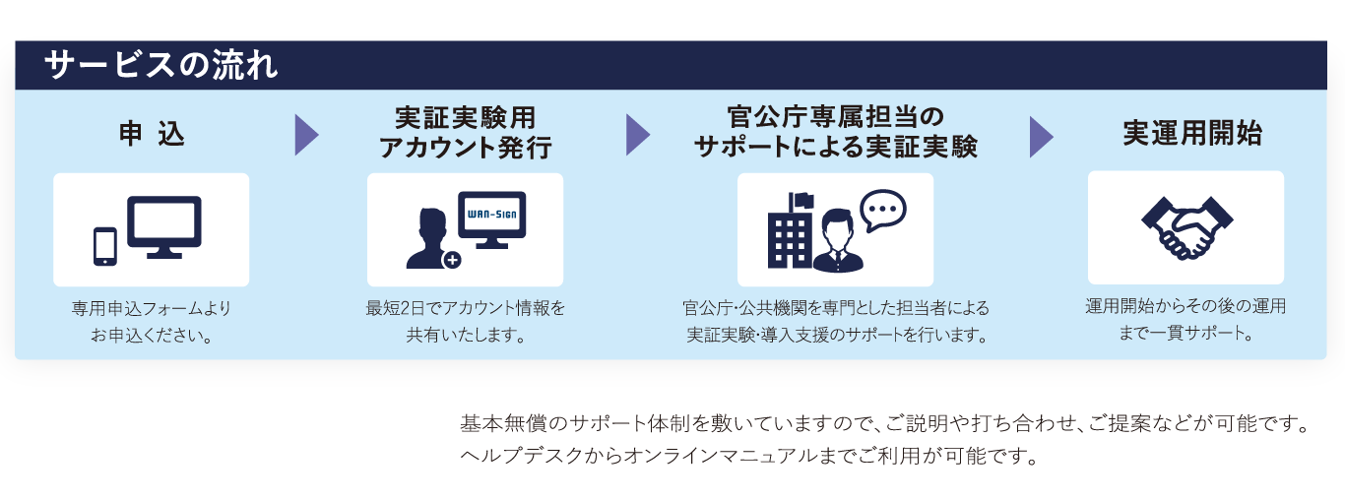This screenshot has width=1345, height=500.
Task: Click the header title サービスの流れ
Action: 160,65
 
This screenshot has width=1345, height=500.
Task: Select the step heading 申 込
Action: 151,135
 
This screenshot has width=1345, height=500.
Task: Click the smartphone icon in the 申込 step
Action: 104,246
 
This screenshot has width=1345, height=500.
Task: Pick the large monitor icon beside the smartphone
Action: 163,226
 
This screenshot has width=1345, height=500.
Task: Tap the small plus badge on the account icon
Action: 452,260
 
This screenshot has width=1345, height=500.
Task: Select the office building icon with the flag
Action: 789,232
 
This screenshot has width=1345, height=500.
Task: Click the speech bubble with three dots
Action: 882,210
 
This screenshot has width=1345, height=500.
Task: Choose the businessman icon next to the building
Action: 837,242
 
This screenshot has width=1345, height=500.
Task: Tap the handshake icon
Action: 1186,227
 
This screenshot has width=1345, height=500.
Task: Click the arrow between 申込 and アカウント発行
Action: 306,135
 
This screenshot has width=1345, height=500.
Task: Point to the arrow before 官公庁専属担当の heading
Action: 637,135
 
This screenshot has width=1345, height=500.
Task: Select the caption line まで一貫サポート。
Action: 1185,333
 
